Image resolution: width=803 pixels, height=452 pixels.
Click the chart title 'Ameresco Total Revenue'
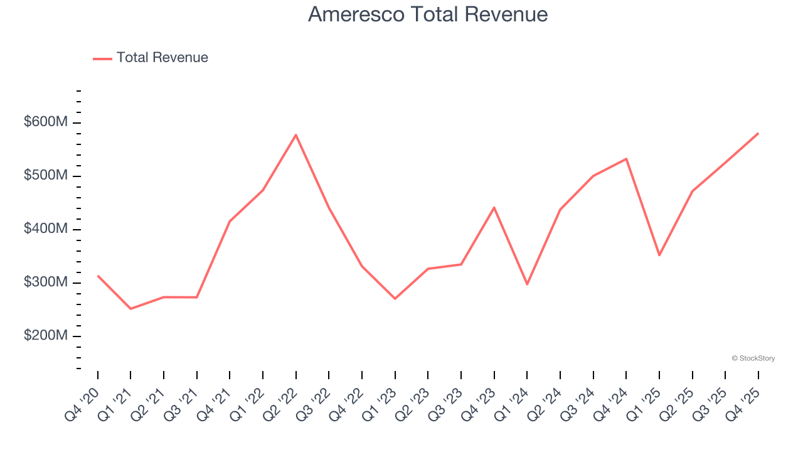428,14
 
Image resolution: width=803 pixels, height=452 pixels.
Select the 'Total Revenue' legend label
162,58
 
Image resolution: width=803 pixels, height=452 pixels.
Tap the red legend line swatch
102,58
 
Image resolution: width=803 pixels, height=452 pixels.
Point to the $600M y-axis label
46,122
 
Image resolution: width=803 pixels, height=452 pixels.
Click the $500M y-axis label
46,176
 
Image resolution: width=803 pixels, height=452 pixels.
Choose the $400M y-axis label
46,229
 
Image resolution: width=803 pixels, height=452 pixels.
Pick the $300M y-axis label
46,282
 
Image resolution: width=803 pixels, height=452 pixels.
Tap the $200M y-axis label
46,336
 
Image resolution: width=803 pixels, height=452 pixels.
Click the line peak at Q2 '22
295,135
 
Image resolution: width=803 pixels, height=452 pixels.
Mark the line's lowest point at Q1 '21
130,309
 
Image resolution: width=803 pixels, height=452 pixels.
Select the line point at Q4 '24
626,159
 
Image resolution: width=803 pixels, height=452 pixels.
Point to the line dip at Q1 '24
527,284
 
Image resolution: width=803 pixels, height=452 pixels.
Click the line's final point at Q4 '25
758,133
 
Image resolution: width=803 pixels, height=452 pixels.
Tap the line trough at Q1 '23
395,299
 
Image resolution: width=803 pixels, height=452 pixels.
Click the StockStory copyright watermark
753,358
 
